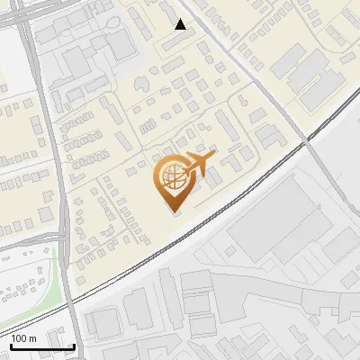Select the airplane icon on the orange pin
(x=197, y=165)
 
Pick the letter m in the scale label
(x=33, y=337)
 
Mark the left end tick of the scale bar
(x=10, y=346)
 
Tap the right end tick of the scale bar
(x=74, y=346)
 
